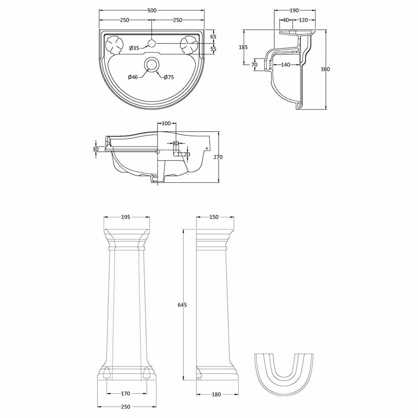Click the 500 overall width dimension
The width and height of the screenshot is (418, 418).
click(x=152, y=10)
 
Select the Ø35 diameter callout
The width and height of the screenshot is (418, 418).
click(x=134, y=48)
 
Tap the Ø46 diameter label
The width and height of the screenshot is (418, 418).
click(x=133, y=77)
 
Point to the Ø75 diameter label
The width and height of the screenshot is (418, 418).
click(x=169, y=77)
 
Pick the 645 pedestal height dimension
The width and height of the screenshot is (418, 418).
click(x=182, y=305)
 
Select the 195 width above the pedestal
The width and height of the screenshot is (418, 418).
click(x=126, y=217)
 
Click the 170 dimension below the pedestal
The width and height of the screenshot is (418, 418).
click(x=126, y=393)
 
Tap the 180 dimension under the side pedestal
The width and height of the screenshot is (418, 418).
click(x=217, y=394)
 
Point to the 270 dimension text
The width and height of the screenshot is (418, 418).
click(x=218, y=157)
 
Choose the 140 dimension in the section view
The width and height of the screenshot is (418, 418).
click(x=286, y=65)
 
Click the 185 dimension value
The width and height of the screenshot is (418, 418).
click(x=243, y=47)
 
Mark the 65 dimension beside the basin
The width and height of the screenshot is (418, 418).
click(x=213, y=37)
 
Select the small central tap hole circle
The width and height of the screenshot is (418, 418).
click(x=152, y=43)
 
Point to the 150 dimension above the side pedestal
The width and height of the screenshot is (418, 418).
click(x=214, y=217)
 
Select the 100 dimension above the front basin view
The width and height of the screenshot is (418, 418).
click(x=166, y=123)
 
